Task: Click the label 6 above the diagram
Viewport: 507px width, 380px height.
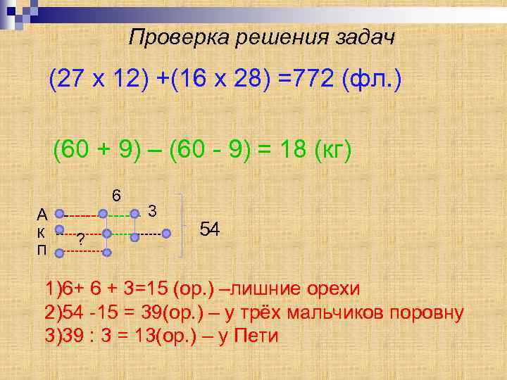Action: click(x=116, y=195)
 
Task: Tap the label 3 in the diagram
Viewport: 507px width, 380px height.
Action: click(x=152, y=210)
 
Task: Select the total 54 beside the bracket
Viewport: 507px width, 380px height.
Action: click(x=210, y=229)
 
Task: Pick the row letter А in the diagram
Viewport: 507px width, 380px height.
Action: click(x=42, y=214)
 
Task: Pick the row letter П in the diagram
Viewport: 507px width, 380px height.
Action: click(x=42, y=251)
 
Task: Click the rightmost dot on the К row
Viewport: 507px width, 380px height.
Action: click(x=166, y=233)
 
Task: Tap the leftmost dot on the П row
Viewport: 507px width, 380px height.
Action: click(x=60, y=252)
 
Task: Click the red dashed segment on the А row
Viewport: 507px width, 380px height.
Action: click(x=82, y=214)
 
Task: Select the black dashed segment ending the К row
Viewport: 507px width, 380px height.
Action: click(x=150, y=233)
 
